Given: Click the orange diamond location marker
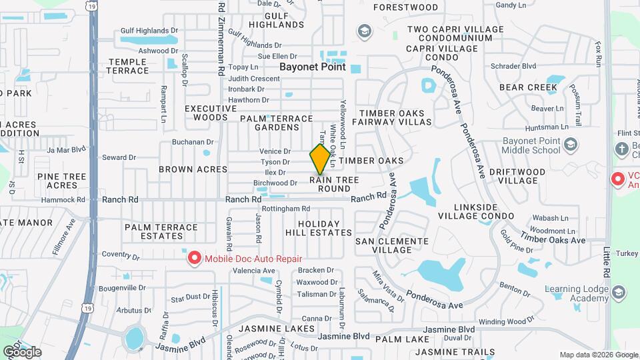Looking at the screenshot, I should [321, 158].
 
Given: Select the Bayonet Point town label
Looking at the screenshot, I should [312, 67].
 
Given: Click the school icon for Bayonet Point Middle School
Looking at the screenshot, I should [571, 145].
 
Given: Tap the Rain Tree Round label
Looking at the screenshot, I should [334, 184].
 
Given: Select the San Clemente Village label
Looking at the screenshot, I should [392, 245].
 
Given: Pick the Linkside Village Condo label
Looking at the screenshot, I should [475, 211].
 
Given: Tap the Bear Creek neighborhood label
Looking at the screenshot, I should [528, 87].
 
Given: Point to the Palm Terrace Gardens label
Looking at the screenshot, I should [276, 123].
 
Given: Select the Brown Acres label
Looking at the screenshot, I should [185, 169].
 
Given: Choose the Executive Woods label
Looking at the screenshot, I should [206, 113].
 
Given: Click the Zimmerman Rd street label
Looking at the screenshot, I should [221, 33].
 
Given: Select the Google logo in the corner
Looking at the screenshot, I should [22, 351].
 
